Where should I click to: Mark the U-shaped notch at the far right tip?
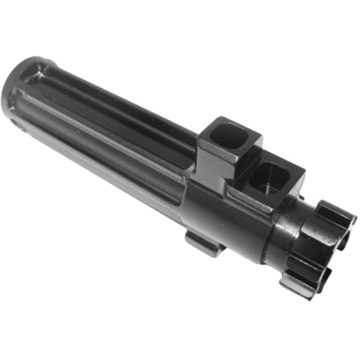tap(341, 240)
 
